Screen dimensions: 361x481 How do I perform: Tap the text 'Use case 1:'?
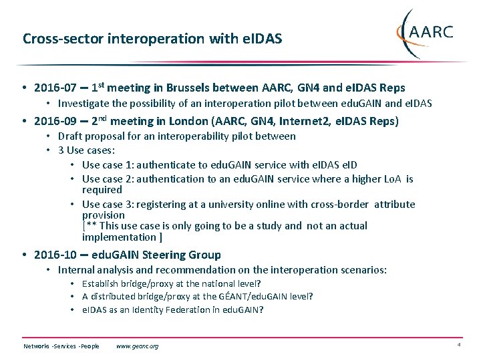109,165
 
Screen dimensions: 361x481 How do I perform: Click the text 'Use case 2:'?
109,179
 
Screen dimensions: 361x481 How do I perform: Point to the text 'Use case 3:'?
109,205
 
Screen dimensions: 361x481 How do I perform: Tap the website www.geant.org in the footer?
137,346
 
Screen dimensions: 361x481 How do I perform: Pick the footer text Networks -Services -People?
61,346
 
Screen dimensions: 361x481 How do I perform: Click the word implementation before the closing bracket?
118,237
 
